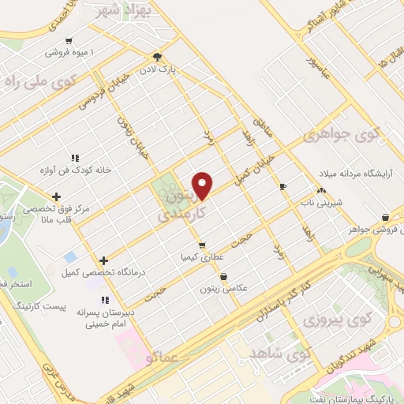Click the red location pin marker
pos(204,184)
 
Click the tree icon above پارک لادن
pos(158,56)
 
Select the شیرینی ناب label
pos(322,203)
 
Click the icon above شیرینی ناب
pos(321,190)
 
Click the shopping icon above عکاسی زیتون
pos(225,277)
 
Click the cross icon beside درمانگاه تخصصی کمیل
pos(104,260)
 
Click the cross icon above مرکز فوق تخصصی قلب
pos(56,196)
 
